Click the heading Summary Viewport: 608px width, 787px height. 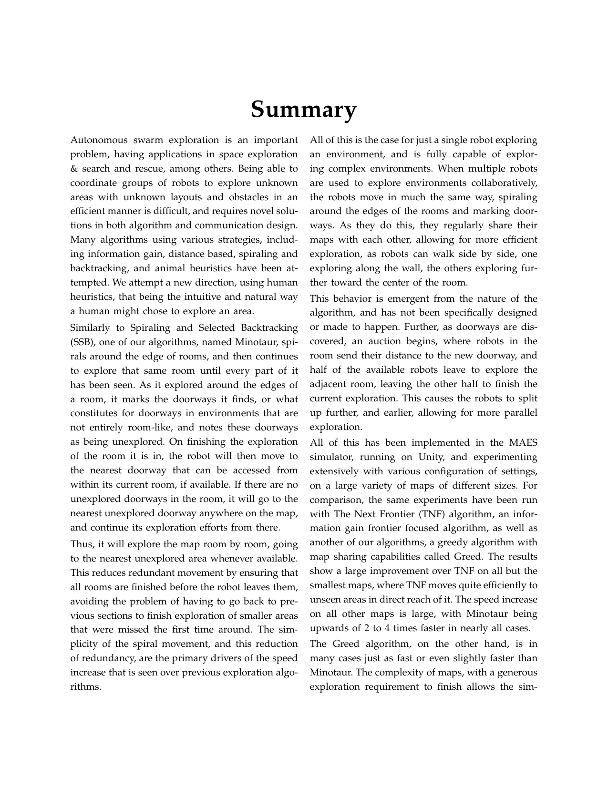[x=304, y=110]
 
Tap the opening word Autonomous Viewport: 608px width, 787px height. [x=99, y=140]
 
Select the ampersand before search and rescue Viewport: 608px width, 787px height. [x=74, y=169]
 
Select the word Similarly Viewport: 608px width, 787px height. [x=91, y=328]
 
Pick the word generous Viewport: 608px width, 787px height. [x=517, y=673]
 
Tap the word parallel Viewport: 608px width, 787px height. [x=521, y=413]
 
